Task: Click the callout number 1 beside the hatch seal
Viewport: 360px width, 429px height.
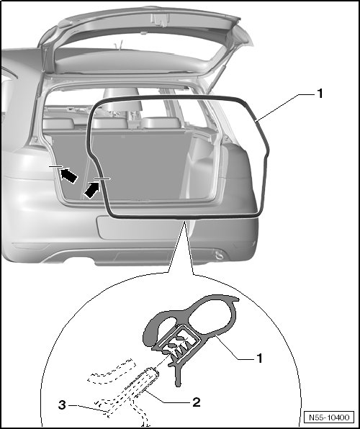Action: click(x=320, y=94)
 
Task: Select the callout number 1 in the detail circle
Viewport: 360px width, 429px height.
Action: click(x=259, y=358)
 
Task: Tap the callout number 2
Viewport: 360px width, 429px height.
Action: click(x=197, y=402)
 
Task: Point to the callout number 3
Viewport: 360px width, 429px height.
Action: click(x=62, y=405)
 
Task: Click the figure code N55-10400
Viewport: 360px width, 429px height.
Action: click(x=329, y=417)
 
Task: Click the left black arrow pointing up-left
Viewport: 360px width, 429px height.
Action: click(x=68, y=175)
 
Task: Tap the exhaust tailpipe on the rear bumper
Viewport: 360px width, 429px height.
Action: click(x=219, y=256)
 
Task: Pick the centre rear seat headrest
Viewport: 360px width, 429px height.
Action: click(x=122, y=99)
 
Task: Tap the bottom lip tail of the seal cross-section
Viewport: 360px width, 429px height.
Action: click(x=178, y=376)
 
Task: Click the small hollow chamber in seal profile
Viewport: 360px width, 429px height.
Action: click(x=166, y=323)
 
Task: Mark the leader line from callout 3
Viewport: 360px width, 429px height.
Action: click(x=89, y=407)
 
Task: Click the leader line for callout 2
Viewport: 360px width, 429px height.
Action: click(x=161, y=398)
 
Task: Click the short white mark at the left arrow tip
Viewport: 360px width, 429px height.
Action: click(x=56, y=166)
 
